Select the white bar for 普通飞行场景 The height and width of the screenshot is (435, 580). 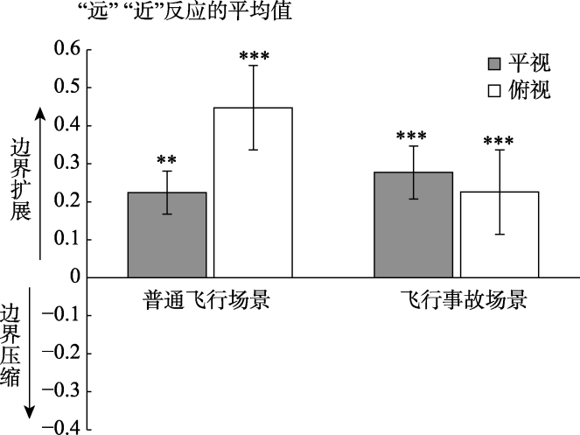click(253, 193)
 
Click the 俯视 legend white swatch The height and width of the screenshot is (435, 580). click(494, 90)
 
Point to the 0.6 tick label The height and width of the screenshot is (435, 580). click(66, 49)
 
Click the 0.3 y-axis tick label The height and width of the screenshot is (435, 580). click(66, 163)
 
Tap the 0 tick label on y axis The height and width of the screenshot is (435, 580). click(73, 277)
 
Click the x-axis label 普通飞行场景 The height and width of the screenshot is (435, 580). click(206, 299)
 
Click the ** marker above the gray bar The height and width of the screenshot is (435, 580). click(167, 160)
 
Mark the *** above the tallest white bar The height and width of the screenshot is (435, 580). click(254, 58)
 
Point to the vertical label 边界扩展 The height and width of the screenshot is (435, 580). click(21, 179)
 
